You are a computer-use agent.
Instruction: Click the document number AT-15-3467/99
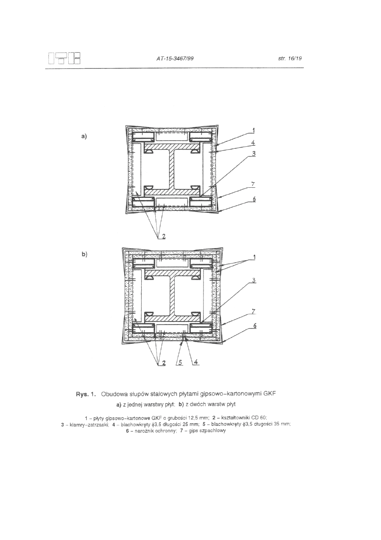coord(175,59)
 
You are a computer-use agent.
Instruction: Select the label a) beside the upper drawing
coord(84,136)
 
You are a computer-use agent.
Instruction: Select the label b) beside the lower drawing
coord(84,254)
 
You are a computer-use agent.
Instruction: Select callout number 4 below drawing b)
coord(196,363)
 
